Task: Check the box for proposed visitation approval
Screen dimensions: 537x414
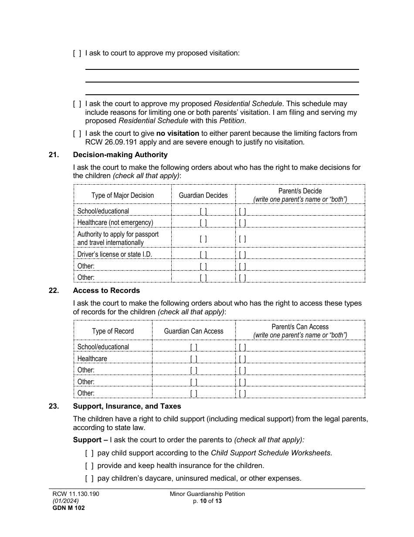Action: (77, 53)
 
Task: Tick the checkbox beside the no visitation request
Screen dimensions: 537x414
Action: (77, 134)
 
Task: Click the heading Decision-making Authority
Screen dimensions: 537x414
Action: (120, 155)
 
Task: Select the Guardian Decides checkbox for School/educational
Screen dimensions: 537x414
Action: (203, 211)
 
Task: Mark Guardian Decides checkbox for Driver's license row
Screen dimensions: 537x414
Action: (203, 255)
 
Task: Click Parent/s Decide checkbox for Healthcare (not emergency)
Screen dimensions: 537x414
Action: (242, 223)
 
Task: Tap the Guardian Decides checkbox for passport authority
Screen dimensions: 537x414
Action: (203, 239)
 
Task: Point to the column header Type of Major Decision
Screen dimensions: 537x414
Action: (122, 196)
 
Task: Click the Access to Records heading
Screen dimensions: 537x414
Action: (106, 291)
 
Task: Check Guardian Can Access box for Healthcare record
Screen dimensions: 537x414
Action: (193, 359)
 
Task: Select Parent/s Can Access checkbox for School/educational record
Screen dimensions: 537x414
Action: (242, 347)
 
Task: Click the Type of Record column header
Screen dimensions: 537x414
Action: (113, 331)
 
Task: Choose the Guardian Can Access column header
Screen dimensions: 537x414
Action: (193, 331)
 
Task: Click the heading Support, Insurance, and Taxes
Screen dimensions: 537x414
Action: (127, 406)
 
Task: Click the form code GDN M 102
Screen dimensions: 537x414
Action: (65, 508)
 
